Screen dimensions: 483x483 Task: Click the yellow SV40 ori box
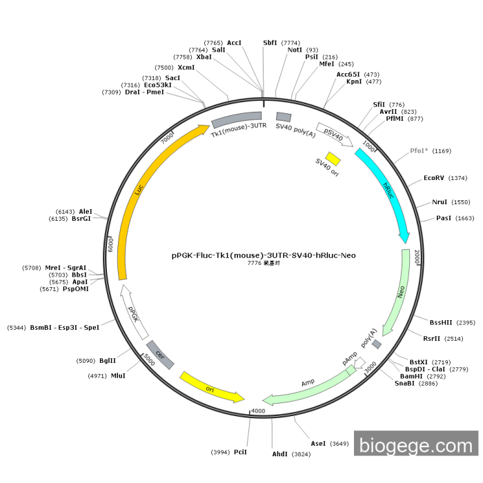tap(333, 159)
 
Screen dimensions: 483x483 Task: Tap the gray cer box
tap(160, 355)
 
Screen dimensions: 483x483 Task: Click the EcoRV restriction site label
tap(434, 178)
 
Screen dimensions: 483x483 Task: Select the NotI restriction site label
tap(295, 50)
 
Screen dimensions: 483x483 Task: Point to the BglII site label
tap(107, 360)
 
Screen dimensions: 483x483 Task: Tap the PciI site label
tap(240, 452)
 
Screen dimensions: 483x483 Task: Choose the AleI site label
tap(86, 212)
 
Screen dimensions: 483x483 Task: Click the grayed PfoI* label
tap(420, 150)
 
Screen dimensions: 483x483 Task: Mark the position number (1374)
tap(457, 178)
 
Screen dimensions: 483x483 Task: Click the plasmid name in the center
tap(264, 255)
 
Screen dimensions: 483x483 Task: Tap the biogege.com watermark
tap(416, 444)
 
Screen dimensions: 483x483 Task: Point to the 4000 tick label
tap(258, 411)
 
